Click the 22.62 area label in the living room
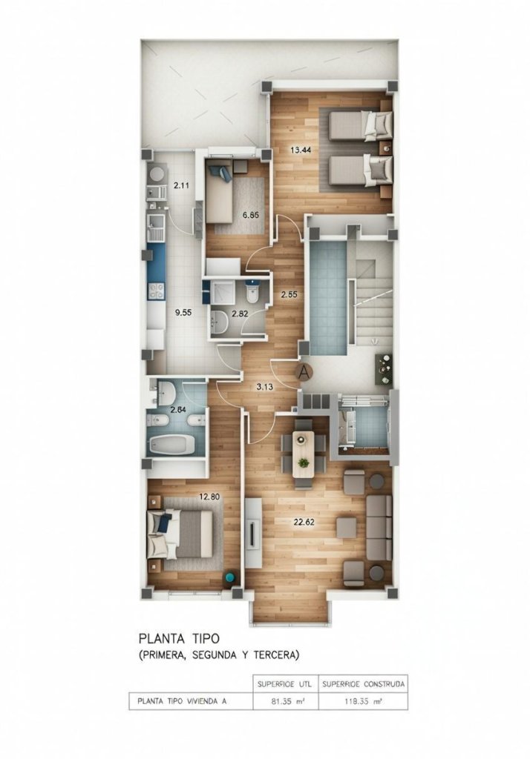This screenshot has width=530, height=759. click(304, 522)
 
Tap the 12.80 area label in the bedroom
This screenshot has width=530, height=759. click(209, 496)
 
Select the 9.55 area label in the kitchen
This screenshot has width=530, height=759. click(183, 313)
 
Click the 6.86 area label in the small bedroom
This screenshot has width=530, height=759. click(250, 216)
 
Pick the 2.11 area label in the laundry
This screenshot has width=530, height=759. click(181, 185)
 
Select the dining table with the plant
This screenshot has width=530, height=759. click(304, 454)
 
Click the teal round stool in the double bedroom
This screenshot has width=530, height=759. click(229, 577)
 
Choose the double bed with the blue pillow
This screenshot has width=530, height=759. click(183, 534)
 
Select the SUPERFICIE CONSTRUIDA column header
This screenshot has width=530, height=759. click(363, 684)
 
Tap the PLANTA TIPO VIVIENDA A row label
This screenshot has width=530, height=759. click(182, 700)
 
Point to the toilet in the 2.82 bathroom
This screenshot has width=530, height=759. click(252, 293)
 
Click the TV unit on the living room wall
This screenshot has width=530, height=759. click(254, 534)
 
